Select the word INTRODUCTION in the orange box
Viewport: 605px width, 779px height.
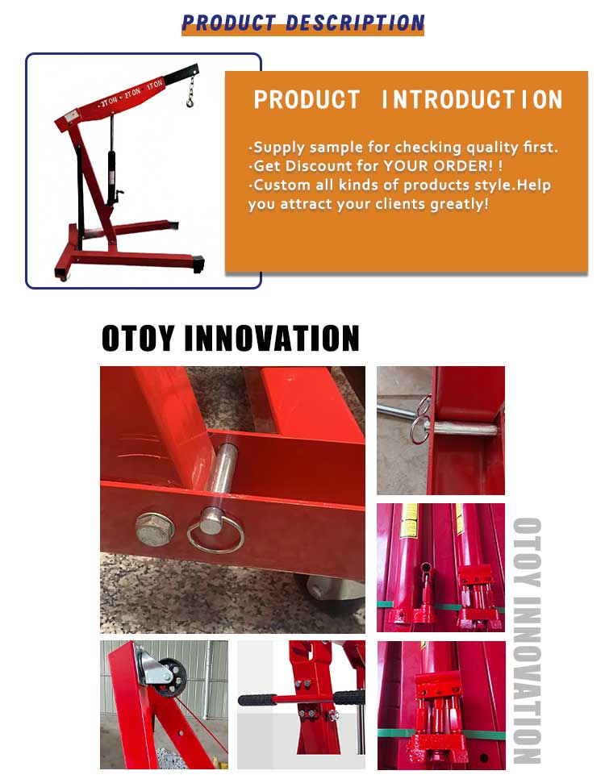472,100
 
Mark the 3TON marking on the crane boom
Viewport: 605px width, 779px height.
107,104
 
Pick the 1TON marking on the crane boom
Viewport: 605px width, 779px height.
152,83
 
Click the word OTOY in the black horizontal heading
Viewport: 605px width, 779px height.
138,339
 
